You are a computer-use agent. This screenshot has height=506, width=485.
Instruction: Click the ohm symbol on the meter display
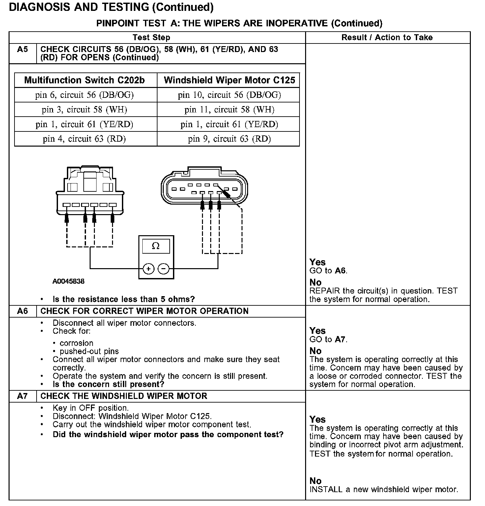(156, 246)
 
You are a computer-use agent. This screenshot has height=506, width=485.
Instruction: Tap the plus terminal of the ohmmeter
(149, 269)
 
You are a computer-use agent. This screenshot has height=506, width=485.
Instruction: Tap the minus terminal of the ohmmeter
(164, 269)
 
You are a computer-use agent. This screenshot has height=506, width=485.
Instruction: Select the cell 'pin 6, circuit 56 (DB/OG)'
(85, 95)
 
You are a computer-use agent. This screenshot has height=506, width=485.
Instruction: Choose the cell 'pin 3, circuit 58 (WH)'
(85, 109)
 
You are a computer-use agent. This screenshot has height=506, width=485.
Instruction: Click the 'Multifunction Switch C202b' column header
(85, 80)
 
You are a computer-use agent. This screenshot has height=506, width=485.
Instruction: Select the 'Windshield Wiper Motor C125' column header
(229, 80)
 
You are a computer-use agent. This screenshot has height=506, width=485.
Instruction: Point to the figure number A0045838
(68, 281)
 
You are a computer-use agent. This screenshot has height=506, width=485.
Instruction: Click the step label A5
(22, 49)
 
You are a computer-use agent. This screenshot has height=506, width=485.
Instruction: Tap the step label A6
(22, 311)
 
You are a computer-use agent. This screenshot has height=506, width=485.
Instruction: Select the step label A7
(22, 396)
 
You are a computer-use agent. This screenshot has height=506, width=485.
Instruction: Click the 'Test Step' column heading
(151, 37)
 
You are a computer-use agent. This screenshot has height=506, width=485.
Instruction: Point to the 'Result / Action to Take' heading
(387, 37)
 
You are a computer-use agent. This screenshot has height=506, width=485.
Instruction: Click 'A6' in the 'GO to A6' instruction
(340, 271)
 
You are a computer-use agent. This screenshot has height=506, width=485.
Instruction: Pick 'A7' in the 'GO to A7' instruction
(340, 339)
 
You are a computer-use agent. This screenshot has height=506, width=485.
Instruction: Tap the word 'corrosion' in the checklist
(76, 343)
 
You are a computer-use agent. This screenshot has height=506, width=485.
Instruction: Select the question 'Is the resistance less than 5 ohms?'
(124, 299)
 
